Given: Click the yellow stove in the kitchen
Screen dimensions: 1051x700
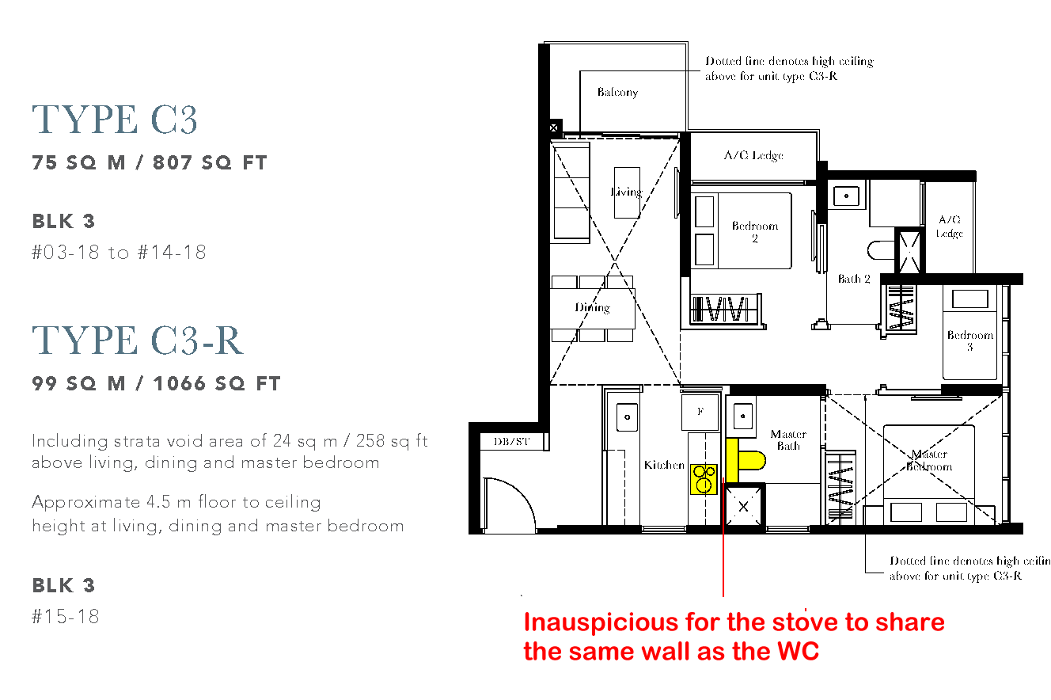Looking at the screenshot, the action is click(704, 479).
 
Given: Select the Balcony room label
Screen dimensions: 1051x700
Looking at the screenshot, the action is click(617, 93).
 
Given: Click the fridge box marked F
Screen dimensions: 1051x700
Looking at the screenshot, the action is click(700, 412).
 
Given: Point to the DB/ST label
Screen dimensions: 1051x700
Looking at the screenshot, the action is click(511, 441).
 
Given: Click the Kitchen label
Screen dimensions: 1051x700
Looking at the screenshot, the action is click(664, 465).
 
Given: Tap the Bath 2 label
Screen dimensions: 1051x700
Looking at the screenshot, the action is click(854, 279).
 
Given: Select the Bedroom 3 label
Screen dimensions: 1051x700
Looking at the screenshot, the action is click(969, 340).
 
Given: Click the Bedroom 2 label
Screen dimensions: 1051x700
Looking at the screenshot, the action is click(755, 232).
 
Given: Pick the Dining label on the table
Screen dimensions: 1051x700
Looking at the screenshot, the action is click(593, 307).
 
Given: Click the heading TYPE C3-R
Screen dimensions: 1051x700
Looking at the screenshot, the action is click(138, 340).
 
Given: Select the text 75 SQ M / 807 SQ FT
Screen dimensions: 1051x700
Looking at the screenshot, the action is click(150, 162).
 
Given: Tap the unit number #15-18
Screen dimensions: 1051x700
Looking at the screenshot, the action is click(65, 616).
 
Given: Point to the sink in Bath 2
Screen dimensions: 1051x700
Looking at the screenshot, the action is click(846, 196).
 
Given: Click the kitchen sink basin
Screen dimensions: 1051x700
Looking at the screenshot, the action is click(627, 417).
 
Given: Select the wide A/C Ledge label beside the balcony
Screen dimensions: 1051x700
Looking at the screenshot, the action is click(753, 155).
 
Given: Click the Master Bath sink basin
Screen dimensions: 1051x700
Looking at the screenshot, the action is click(742, 416).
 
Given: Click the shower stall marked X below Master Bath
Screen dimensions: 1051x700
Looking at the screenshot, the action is click(744, 507).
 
